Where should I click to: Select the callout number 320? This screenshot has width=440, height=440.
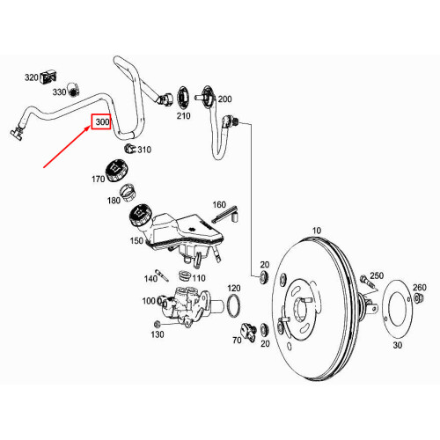(x=32, y=77)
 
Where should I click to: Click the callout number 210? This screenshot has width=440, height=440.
(x=183, y=115)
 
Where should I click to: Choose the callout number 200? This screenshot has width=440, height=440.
(x=224, y=99)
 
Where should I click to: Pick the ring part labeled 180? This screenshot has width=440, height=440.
(x=128, y=192)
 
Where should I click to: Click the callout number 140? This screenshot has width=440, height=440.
(x=150, y=278)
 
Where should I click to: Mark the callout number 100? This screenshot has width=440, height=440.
(x=148, y=301)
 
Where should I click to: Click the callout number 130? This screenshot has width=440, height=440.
(x=158, y=334)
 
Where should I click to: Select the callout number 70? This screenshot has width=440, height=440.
(x=235, y=339)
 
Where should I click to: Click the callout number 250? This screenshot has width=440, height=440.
(x=377, y=276)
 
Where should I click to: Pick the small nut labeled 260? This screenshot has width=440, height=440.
(x=421, y=301)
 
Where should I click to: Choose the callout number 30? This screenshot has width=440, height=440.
(x=396, y=345)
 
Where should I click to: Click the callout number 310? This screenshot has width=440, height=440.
(x=144, y=150)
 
